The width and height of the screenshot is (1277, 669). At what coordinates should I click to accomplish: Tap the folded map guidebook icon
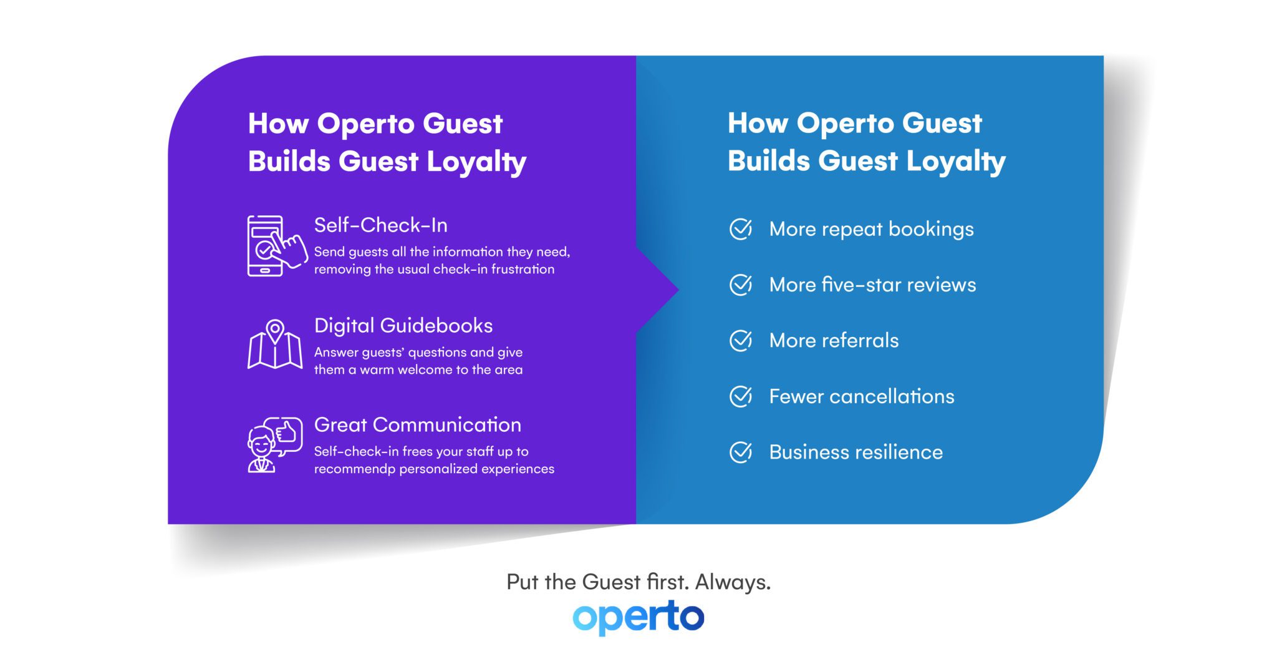pos(275,344)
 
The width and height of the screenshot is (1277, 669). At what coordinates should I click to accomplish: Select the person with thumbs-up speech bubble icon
pos(274,445)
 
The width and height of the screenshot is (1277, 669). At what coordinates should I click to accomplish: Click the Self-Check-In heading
pos(380,225)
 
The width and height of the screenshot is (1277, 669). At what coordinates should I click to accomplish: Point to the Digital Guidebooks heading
pos(403,326)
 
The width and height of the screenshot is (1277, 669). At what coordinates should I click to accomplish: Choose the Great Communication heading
pos(417,425)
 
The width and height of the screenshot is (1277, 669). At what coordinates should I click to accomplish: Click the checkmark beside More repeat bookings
pos(741,229)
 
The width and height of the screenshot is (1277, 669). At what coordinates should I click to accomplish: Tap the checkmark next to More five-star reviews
pos(741,285)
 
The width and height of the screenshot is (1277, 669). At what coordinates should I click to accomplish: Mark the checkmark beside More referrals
pos(741,341)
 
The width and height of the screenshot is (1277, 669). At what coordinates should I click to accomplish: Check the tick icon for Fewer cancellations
pos(741,396)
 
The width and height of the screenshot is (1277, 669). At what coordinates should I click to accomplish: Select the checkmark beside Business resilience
pos(741,452)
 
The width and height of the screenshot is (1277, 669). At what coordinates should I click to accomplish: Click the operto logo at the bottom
pos(638,617)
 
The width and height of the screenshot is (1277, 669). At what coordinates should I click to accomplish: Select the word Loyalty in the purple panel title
pos(476,162)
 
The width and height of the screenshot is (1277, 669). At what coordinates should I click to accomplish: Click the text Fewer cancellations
pos(861,397)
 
